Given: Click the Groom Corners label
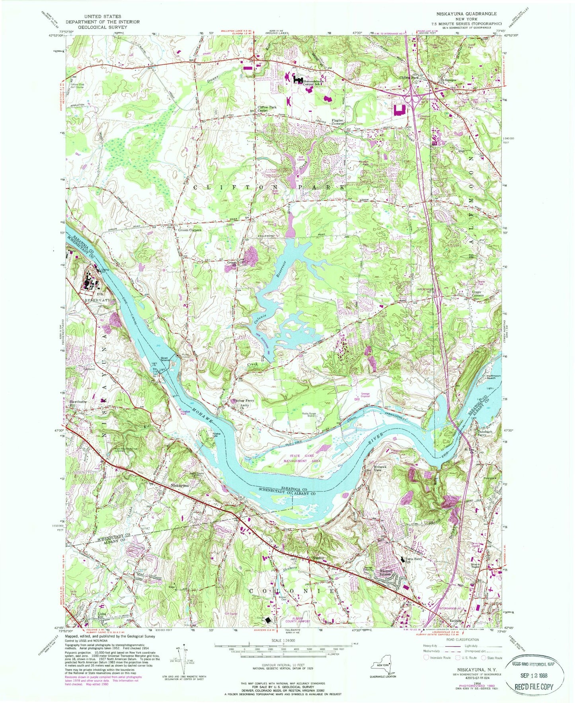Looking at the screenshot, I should (x=190, y=230).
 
